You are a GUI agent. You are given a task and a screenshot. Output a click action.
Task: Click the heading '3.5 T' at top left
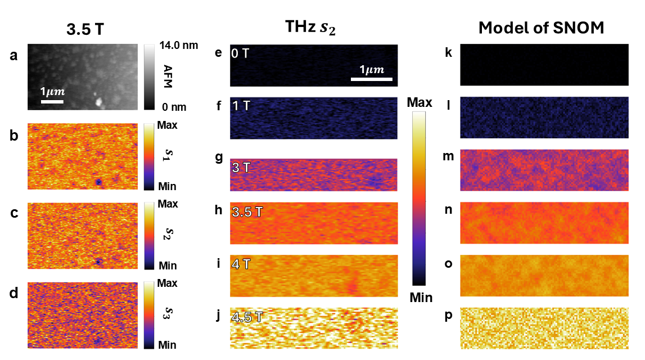pos(84,29)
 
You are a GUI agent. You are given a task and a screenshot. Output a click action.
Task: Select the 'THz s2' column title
pos(310,28)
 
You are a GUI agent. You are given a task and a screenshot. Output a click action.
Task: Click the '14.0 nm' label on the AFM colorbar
pos(179,46)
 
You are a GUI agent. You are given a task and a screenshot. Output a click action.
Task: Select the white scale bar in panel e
pos(372,79)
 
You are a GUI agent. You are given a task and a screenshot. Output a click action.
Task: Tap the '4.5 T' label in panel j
pos(247,317)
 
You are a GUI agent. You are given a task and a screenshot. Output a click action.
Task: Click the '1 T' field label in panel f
pos(242,106)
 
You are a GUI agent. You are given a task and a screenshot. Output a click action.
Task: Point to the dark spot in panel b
pos(98,182)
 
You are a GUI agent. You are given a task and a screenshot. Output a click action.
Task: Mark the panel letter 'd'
pos(14,293)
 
